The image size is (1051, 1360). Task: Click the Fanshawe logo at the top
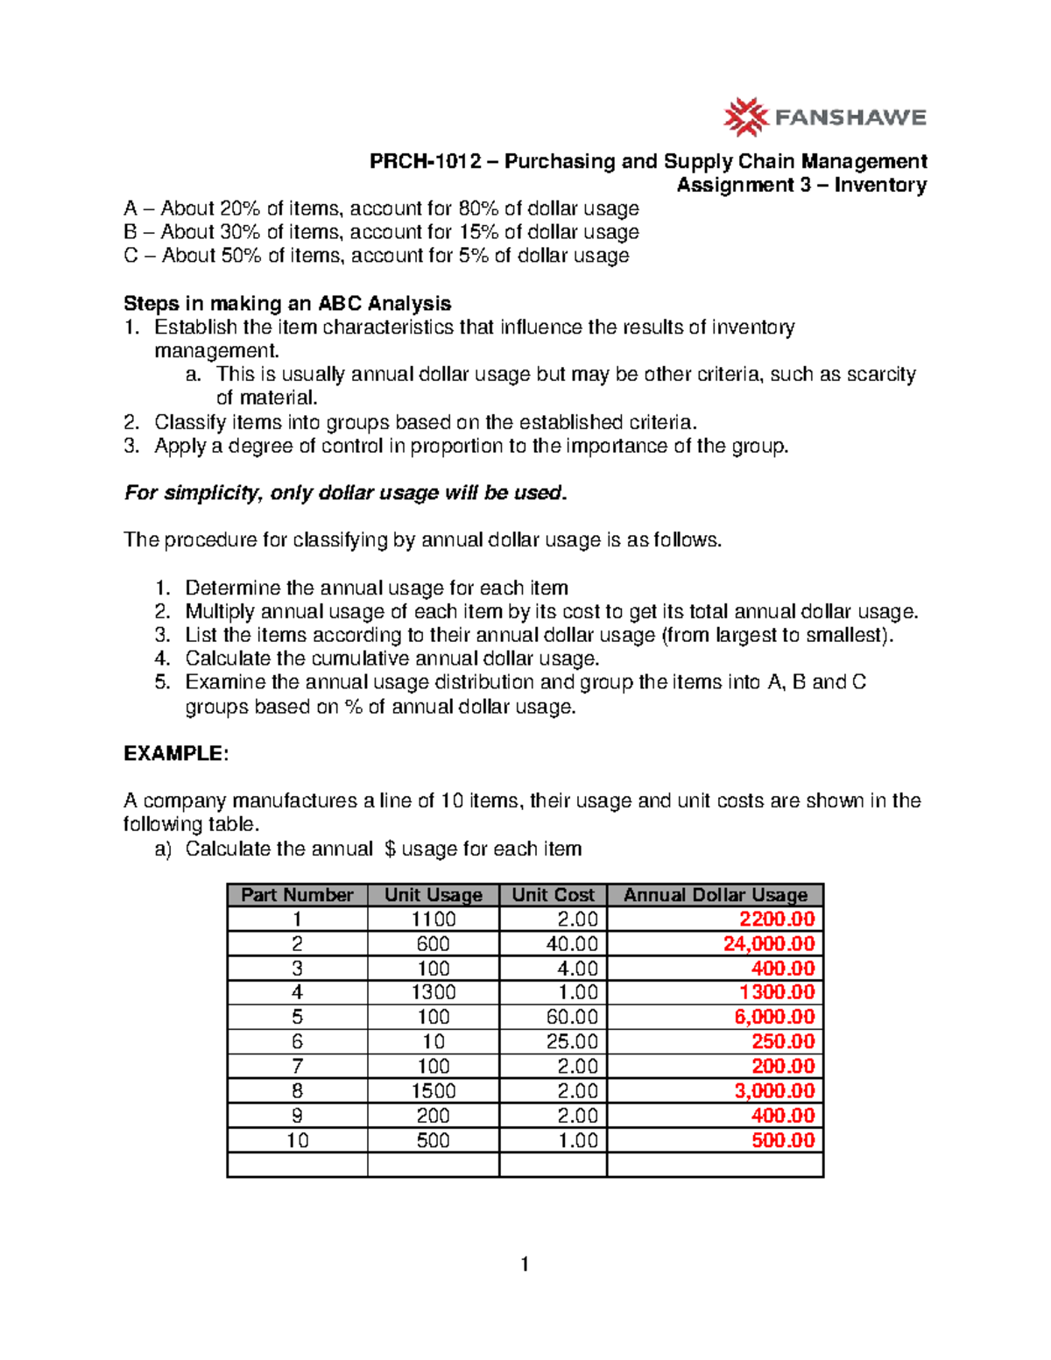824,117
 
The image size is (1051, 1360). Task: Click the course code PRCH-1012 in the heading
425,161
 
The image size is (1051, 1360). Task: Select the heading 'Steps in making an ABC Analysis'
287,304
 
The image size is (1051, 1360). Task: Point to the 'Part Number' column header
297,895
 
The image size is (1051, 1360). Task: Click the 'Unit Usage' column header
434,895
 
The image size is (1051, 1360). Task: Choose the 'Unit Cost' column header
553,895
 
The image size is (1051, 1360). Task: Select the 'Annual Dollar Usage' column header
715,895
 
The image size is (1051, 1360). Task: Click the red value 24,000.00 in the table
768,944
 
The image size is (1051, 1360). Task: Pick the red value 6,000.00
774,1018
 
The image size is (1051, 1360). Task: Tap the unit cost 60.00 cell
571,1018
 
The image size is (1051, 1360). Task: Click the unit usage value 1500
434,1091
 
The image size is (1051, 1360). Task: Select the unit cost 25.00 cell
571,1042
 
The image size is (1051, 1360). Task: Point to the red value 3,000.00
774,1091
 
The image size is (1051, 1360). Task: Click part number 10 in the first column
298,1140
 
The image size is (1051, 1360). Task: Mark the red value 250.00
783,1042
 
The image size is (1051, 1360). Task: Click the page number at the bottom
525,1264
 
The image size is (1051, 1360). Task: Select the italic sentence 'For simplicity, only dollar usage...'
346,493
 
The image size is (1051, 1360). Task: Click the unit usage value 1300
434,993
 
